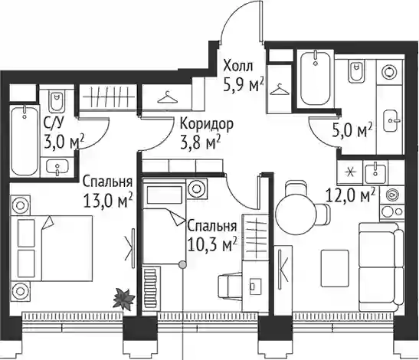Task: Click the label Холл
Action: [237, 67]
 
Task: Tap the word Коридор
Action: [207, 125]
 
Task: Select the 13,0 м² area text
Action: [108, 201]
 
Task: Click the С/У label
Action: [54, 123]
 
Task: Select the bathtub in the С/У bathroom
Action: [25, 140]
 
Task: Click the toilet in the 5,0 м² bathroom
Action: [356, 72]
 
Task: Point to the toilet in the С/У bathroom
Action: [57, 101]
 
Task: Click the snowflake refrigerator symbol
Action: [349, 172]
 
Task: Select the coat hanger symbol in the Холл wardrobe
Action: [280, 90]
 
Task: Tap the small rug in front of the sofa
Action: [335, 269]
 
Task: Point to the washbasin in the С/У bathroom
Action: [57, 167]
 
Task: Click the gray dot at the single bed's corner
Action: [182, 264]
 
